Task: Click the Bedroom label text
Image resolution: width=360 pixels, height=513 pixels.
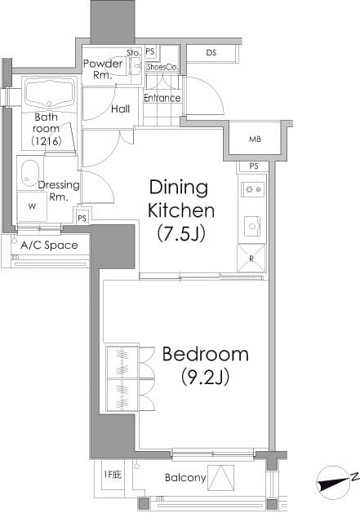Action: pyautogui.click(x=206, y=354)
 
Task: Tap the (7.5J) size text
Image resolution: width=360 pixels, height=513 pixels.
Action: pyautogui.click(x=181, y=233)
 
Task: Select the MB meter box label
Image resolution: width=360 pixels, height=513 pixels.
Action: pyautogui.click(x=255, y=139)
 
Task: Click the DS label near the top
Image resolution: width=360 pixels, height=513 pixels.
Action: pyautogui.click(x=211, y=52)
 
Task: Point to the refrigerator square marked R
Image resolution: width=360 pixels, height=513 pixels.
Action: pyautogui.click(x=251, y=259)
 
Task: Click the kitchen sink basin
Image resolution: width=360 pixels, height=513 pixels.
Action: pyautogui.click(x=252, y=226)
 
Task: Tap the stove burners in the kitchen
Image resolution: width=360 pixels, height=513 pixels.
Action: pyautogui.click(x=253, y=189)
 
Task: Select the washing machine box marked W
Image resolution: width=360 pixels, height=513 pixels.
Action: pyautogui.click(x=32, y=206)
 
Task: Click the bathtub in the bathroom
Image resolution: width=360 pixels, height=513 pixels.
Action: pyautogui.click(x=50, y=94)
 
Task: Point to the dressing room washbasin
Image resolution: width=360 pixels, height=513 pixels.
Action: pyautogui.click(x=30, y=174)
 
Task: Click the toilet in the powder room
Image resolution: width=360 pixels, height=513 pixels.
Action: pyautogui.click(x=136, y=66)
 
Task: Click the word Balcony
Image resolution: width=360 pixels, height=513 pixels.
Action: pyautogui.click(x=185, y=478)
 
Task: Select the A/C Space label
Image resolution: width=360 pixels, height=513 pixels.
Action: pyautogui.click(x=49, y=245)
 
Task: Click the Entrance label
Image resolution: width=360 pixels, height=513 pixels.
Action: pyautogui.click(x=162, y=98)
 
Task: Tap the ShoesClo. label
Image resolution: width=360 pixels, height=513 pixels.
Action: pyautogui.click(x=162, y=67)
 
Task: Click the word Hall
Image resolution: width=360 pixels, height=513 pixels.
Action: pyautogui.click(x=121, y=108)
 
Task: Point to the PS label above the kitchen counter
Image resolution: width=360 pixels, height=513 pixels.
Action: pyautogui.click(x=254, y=166)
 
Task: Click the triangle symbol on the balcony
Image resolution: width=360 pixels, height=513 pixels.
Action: pyautogui.click(x=221, y=478)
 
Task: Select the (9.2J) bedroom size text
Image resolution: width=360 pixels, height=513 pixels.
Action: pyautogui.click(x=205, y=376)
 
